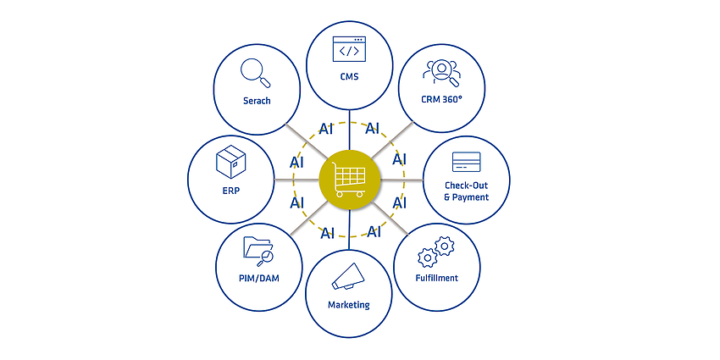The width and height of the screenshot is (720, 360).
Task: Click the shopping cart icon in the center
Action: click(350, 180)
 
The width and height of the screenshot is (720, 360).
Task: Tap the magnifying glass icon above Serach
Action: click(255, 73)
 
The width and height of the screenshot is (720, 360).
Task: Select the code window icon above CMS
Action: click(349, 48)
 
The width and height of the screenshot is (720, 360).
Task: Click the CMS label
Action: click(350, 77)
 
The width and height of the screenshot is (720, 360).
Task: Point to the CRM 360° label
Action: click(441, 100)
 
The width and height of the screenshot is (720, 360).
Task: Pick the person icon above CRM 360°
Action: click(441, 73)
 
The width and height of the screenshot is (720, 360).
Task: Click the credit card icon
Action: click(466, 162)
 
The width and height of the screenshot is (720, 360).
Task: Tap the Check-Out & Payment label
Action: click(466, 191)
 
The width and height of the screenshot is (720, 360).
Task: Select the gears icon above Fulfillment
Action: click(435, 252)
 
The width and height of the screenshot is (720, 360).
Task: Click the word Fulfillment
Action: click(437, 278)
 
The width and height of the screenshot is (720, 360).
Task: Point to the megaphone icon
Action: click(348, 276)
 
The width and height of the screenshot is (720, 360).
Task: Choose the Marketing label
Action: click(348, 305)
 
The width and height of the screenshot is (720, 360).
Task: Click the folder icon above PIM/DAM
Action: click(258, 252)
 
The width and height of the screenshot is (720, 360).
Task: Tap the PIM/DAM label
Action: click(259, 279)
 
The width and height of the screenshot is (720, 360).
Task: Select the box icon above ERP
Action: click(231, 162)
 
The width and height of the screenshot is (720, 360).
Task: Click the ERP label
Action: click(231, 191)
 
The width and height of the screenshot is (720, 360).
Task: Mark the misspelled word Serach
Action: click(257, 101)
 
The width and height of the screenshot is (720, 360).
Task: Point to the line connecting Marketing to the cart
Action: click(349, 230)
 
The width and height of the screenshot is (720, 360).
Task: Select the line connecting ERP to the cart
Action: click(296, 179)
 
